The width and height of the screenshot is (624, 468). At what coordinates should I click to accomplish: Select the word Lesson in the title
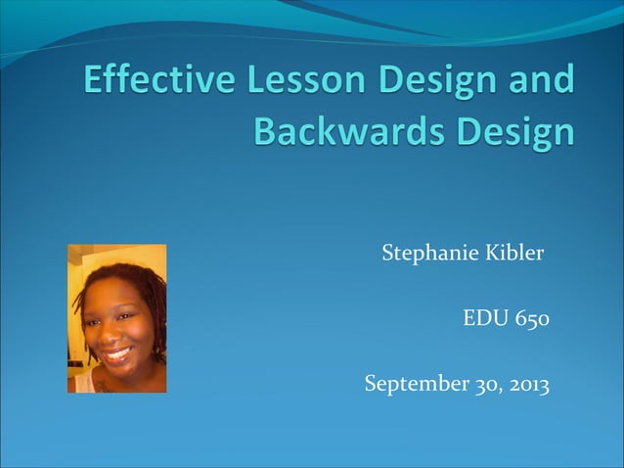pos(290,79)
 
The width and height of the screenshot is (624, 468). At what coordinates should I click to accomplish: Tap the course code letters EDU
pos(482,319)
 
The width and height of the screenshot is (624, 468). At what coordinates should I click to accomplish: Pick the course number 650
pos(531,319)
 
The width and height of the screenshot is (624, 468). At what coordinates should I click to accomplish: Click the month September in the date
pos(410,385)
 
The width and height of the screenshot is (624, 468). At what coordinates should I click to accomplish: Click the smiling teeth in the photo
pos(118,353)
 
